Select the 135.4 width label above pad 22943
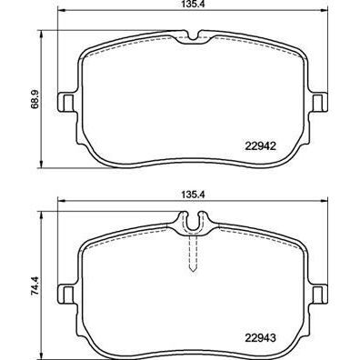coord(189,194)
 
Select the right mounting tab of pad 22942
coord(318,102)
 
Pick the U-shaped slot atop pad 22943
coord(192,221)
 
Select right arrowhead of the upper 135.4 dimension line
coord(325,15)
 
